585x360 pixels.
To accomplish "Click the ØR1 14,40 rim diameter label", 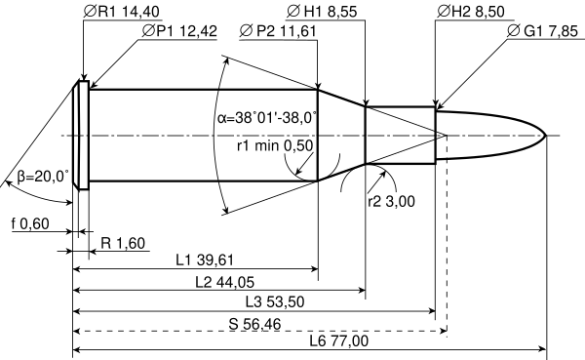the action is coord(122,12).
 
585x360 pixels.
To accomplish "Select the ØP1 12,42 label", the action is coord(179,31).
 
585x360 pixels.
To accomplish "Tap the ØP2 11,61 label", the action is coord(278,31).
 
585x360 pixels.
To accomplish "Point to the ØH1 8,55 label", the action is coord(322,12).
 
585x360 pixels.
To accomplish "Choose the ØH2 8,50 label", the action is coord(471,12).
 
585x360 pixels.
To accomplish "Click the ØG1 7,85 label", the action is coord(542,31).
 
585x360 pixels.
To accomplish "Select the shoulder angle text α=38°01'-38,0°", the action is coord(267,118).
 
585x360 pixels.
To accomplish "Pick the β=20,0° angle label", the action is coord(43,176).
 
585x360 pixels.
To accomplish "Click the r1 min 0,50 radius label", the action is coord(275,145).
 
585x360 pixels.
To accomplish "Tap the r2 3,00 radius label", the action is coord(391,201).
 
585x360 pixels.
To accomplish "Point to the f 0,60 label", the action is coord(30,223).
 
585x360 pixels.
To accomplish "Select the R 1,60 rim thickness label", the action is coord(123,243).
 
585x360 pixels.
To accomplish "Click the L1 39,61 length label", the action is coord(205,260).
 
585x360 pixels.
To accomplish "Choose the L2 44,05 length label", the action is coord(224,282).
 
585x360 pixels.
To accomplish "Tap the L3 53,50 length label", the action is coord(275,301).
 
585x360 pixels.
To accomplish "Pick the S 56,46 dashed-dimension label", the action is coord(254,324).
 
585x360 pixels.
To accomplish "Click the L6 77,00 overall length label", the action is coord(339,340).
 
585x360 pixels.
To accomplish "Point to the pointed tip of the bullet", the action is coord(546,136).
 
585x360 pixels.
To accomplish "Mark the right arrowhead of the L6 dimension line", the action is coord(543,349).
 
